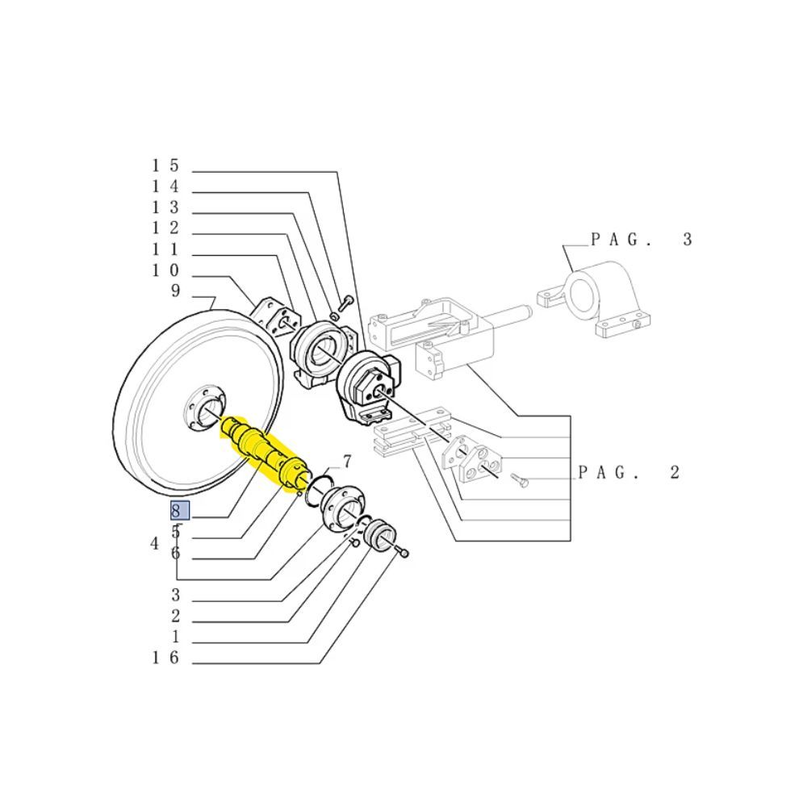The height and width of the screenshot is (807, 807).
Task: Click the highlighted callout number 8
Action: tap(180, 511)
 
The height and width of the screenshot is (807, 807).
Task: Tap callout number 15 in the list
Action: tap(165, 165)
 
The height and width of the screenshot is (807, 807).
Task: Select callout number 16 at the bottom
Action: tap(165, 658)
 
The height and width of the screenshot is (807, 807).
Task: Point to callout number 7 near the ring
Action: tap(347, 461)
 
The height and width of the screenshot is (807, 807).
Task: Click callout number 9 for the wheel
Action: tap(175, 291)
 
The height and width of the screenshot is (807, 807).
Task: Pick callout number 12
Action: tap(165, 228)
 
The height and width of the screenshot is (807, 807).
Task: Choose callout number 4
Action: tap(155, 543)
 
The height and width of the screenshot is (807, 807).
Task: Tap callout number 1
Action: tap(175, 637)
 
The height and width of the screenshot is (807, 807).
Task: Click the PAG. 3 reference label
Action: tap(642, 240)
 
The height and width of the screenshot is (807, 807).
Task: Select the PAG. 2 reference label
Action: tap(629, 472)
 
